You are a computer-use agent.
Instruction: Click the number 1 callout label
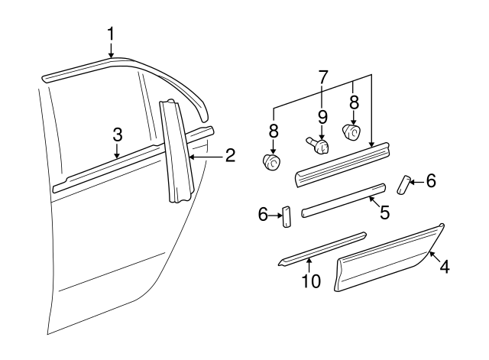coord(112,34)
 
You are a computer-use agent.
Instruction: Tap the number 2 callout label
coord(229,157)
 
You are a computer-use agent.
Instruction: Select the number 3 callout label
coord(117,134)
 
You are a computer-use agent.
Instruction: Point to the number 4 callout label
coord(444,268)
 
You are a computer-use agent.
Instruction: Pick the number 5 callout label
coord(384,212)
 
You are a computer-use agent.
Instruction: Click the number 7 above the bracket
coord(322,77)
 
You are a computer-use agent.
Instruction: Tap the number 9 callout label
coord(322,118)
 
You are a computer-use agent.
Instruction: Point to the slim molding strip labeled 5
coord(344,201)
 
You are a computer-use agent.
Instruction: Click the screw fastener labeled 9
coord(319,144)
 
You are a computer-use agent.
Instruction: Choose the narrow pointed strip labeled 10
coord(321,248)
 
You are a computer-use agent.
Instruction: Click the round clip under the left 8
coord(273,161)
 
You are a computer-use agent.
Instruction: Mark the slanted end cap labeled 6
coord(404,184)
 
